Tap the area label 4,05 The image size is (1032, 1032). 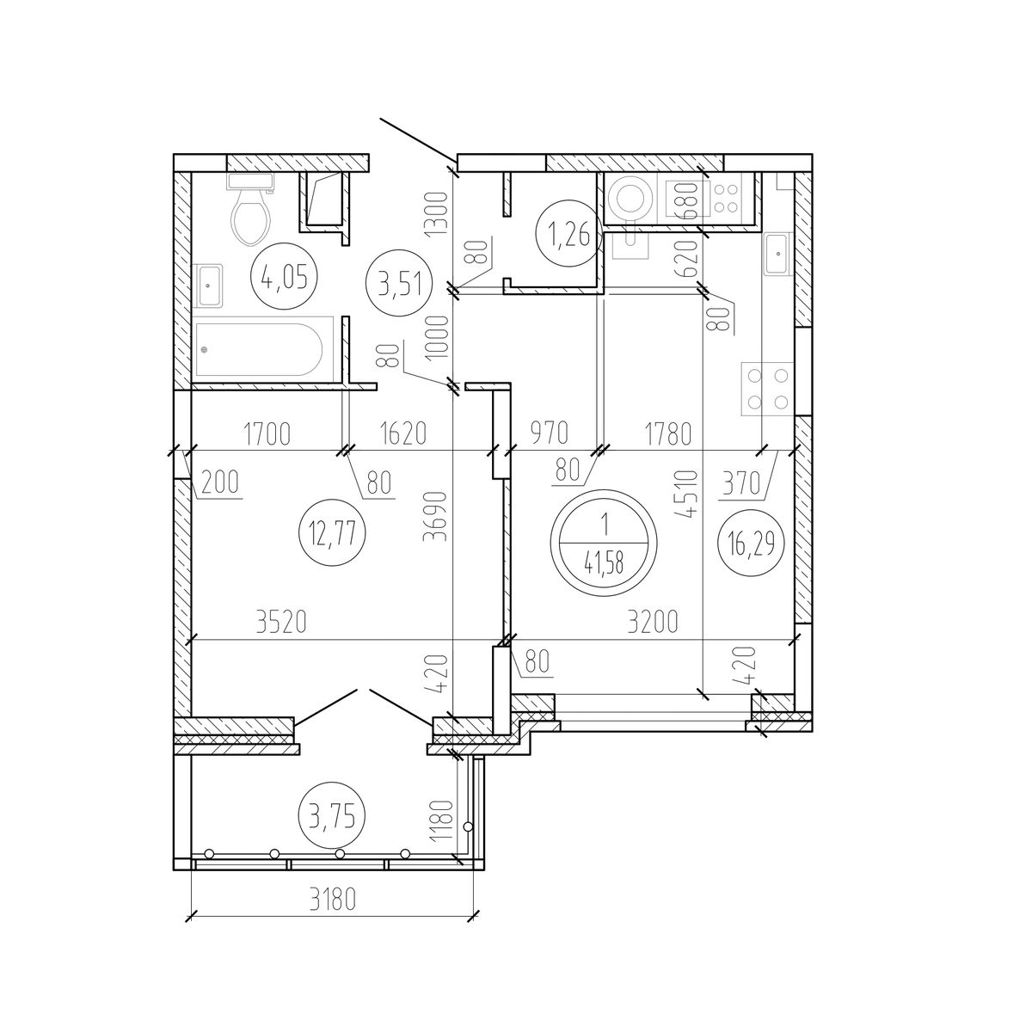click(285, 276)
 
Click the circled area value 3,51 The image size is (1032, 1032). click(398, 284)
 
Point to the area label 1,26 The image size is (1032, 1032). click(568, 234)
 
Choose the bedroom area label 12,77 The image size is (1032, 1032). click(333, 533)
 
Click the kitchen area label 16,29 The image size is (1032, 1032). click(752, 543)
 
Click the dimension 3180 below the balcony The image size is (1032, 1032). click(332, 900)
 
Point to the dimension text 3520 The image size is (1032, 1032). click(282, 622)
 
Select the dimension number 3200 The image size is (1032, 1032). click(653, 622)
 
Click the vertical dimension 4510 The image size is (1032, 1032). click(687, 494)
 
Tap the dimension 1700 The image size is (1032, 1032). click(267, 433)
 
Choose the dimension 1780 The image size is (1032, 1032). click(668, 433)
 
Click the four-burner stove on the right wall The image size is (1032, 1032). click(767, 389)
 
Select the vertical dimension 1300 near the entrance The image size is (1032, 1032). click(435, 215)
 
